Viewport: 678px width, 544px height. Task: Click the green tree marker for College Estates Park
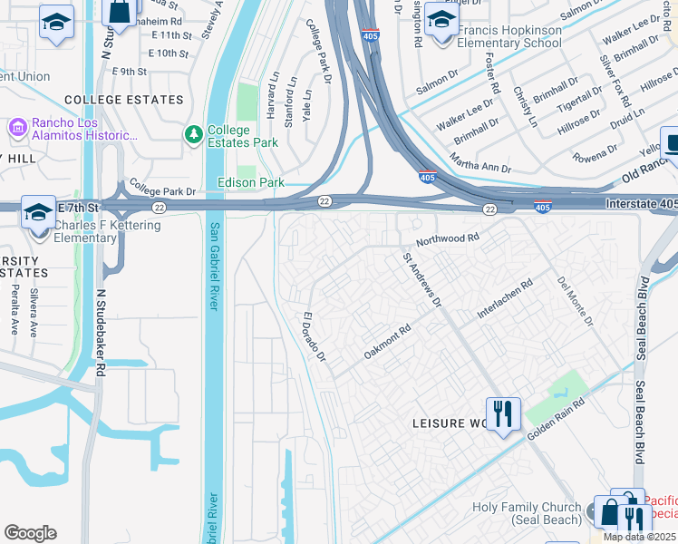pos(192,135)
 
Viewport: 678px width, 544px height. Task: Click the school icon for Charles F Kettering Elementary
pos(38,214)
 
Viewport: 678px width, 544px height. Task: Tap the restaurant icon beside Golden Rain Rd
pos(502,415)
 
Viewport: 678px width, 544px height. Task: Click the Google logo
pos(31,532)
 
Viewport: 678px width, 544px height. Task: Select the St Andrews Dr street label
pos(422,277)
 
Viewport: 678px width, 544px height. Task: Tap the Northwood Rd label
pos(447,240)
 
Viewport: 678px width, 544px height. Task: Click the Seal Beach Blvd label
pos(643,325)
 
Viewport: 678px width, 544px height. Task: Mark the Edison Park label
pos(251,182)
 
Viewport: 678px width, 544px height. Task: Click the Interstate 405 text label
pos(634,205)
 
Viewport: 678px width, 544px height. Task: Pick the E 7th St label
pos(79,208)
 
